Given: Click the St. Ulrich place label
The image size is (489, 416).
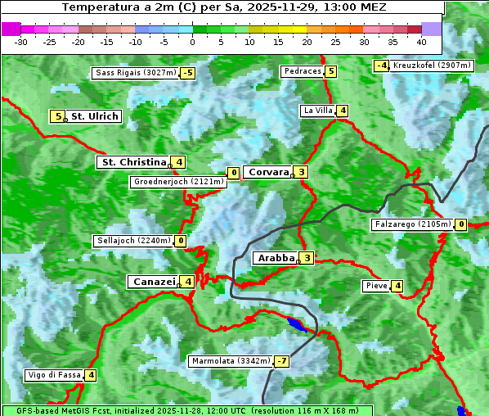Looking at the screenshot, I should (95, 116).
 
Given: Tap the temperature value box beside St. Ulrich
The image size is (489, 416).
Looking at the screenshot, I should (57, 116).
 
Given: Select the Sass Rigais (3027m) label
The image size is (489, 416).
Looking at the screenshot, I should (135, 73).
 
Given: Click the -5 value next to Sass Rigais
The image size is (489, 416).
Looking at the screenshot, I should (188, 73).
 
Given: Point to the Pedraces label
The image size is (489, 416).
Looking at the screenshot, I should (302, 71).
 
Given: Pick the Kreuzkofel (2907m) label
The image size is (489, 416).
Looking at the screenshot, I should (432, 66).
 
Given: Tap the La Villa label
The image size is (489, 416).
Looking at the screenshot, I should (317, 111).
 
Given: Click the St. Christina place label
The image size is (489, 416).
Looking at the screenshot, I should (132, 162).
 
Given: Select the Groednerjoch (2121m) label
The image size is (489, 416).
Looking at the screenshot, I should (178, 182).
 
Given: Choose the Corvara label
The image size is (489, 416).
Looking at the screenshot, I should (268, 172).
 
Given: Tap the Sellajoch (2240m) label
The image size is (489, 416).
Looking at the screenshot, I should (132, 241).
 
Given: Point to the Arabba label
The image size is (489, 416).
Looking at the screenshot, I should (275, 258).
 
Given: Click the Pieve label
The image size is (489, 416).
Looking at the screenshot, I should (376, 286).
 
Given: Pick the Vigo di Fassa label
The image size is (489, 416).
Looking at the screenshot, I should (54, 375).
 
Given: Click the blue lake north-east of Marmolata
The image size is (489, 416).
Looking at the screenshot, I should (299, 327).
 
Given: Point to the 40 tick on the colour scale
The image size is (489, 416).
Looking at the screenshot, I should (421, 41).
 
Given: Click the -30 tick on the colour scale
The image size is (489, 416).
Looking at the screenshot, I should (21, 41).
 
